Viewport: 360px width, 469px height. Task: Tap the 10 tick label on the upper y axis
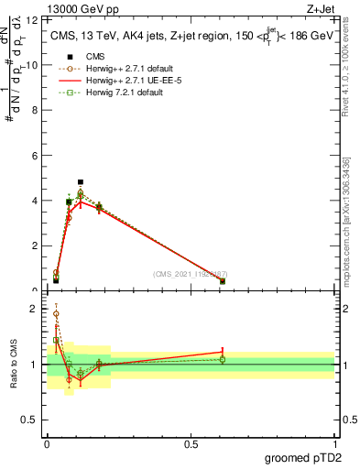(x=34, y=65)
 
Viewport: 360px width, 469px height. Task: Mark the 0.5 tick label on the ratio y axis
(x=32, y=424)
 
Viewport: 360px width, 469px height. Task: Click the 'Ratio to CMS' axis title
(x=14, y=364)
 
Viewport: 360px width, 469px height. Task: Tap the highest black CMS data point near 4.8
(x=81, y=182)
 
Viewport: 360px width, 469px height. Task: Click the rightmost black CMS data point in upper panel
(x=223, y=281)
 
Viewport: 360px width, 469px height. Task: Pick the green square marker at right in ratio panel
(x=223, y=359)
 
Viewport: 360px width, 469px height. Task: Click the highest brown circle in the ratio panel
(x=56, y=313)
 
